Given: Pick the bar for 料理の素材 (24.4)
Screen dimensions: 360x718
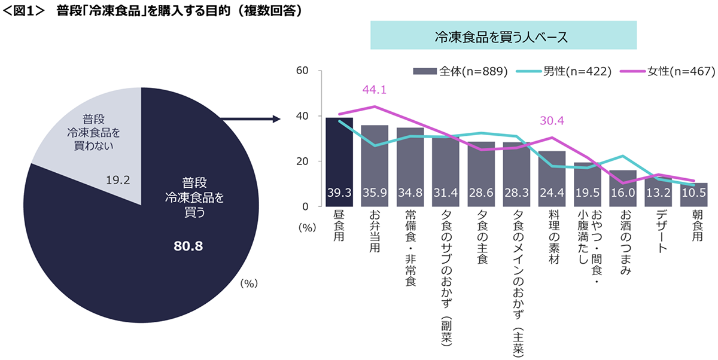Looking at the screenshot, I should (552, 179).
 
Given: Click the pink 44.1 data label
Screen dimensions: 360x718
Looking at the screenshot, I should (375, 90).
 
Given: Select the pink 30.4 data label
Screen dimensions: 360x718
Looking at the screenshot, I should (552, 121).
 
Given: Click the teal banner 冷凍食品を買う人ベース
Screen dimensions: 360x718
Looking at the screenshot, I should (503, 36).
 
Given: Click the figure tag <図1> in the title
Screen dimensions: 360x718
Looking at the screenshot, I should (25, 11).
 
